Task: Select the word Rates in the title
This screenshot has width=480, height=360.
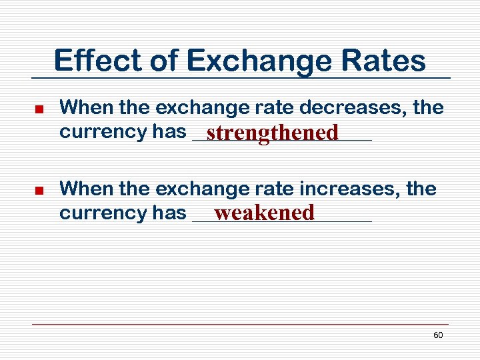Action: point(387,61)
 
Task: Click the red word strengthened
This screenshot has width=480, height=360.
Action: point(272,133)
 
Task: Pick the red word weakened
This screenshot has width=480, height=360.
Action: point(264,213)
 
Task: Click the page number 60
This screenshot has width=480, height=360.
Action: point(438,335)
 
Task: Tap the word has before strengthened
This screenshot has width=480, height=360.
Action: point(169,132)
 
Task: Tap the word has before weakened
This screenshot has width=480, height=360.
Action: point(169,213)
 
